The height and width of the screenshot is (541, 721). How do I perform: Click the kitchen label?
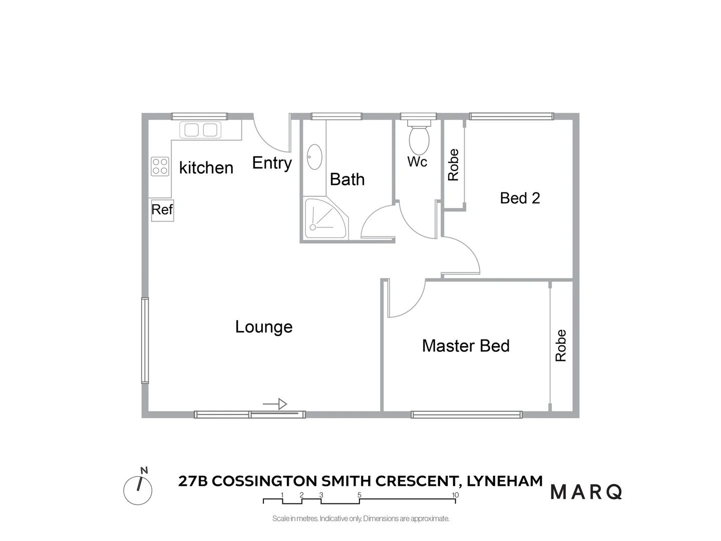[x=206, y=168]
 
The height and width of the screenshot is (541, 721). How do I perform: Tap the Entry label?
[x=272, y=163]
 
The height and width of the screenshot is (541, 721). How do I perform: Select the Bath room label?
[x=347, y=179]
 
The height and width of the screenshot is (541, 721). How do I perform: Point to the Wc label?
[x=417, y=162]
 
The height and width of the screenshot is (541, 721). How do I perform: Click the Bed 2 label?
[x=520, y=198]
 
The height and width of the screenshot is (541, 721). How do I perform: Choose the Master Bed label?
[x=466, y=346]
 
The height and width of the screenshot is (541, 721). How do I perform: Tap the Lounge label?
[x=264, y=327]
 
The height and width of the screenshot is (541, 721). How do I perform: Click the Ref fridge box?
[x=162, y=209]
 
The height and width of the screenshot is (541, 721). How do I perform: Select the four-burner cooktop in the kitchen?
[x=160, y=166]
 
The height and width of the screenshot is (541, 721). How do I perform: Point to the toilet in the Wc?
[x=419, y=138]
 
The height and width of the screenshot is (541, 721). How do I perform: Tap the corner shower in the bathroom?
[x=324, y=218]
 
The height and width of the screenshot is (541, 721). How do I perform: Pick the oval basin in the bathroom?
[x=314, y=157]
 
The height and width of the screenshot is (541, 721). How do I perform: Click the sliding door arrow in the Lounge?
[x=275, y=404]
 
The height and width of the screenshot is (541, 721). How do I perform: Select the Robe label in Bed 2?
[x=453, y=165]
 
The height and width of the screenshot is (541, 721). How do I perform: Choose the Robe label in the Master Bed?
[x=561, y=345]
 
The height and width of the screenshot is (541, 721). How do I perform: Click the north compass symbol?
[x=138, y=489]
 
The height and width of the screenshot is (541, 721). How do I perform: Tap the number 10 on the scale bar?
[x=455, y=495]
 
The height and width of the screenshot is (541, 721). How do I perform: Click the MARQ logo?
[x=586, y=492]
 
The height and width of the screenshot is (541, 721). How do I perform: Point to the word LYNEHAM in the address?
[x=505, y=481]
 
